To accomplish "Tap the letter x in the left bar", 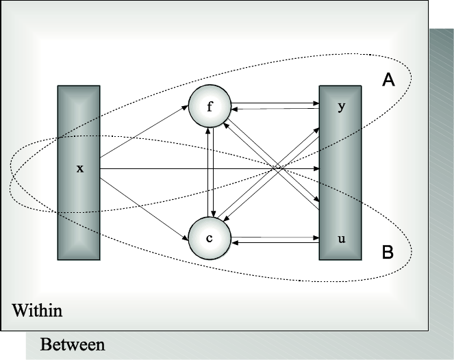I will click(79, 168).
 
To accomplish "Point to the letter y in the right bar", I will click(340, 107).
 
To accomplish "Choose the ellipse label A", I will click(388, 81).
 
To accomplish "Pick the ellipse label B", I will click(387, 253).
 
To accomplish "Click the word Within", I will click(38, 311).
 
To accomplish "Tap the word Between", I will click(73, 344).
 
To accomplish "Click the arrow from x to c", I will click(144, 203).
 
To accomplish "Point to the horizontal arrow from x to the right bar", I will click(205, 168).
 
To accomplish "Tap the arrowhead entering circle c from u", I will click(233, 242).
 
